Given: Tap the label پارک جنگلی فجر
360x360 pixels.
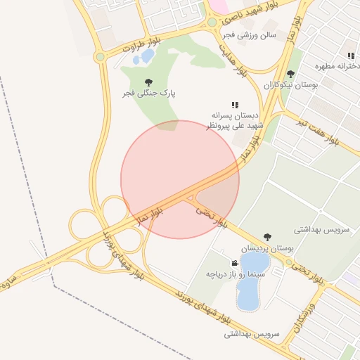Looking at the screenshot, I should click(x=148, y=93).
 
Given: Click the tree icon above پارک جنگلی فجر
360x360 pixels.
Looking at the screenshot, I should click(x=148, y=82).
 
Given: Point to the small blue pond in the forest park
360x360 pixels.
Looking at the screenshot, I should click(x=148, y=56).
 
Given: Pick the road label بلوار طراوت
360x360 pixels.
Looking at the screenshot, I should click(x=141, y=46).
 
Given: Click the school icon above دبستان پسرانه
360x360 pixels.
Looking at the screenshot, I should click(x=234, y=105).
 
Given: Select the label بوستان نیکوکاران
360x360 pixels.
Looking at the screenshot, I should click(x=291, y=84).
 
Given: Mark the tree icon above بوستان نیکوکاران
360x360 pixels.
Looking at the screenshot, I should click(x=291, y=74).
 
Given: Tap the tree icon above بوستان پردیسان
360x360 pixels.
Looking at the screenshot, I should click(x=266, y=238).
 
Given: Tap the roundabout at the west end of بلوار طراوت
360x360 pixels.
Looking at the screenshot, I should click(x=101, y=56).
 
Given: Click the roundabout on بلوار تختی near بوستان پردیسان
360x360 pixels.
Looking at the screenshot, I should click(x=288, y=263).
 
